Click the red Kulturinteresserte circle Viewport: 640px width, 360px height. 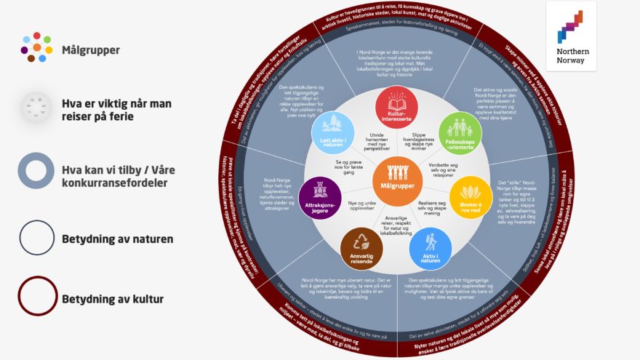396,107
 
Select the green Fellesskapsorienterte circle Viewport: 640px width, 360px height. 459,131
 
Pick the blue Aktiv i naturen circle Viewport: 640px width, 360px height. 430,249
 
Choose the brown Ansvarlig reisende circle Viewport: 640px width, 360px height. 361,249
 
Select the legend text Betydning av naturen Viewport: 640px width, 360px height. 116,238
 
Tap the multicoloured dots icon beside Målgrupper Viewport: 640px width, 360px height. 36,47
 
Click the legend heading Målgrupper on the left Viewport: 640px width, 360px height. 91,50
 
